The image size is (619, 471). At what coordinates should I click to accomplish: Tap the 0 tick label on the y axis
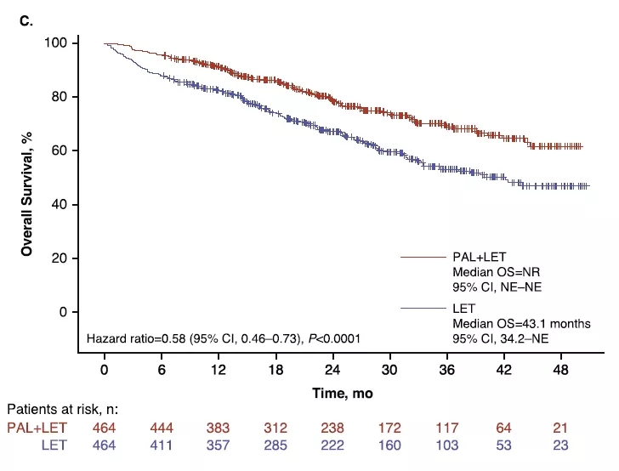pos(74,312)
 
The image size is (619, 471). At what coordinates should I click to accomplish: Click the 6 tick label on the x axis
pos(162,371)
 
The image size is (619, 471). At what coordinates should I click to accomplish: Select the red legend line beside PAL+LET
pos(423,255)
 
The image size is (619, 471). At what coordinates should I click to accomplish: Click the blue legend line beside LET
pos(423,308)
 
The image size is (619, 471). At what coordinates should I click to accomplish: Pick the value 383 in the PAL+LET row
pos(218,428)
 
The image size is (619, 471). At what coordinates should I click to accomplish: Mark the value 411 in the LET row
pos(162,445)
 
